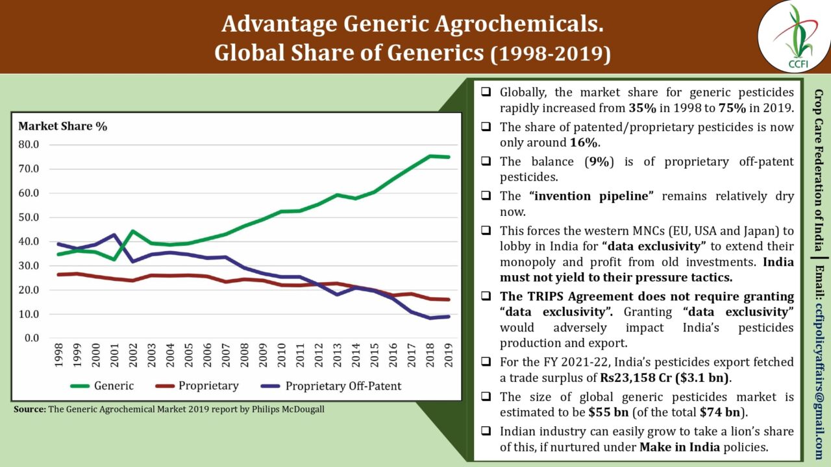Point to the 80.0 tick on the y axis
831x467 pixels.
[29, 144]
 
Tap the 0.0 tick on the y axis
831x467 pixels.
[32, 339]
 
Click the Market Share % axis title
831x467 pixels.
[62, 126]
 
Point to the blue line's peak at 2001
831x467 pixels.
[115, 235]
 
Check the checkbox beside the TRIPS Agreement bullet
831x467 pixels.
[486, 297]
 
